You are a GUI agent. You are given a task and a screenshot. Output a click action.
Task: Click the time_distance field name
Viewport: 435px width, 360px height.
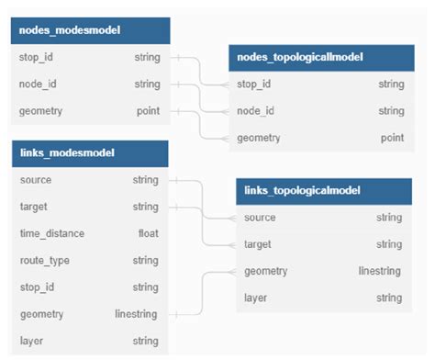pos(51,233)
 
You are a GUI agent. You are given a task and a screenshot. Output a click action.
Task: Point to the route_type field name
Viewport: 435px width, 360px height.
pos(44,260)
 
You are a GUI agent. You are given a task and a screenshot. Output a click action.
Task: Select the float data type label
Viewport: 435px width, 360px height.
pos(148,233)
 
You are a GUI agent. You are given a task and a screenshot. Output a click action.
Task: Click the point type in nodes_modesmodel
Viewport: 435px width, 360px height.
pos(148,111)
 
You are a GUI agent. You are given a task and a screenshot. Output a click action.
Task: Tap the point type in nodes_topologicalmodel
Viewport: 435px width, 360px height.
pos(392,138)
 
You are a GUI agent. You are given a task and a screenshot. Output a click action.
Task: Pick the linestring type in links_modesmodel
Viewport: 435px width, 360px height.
pos(137,314)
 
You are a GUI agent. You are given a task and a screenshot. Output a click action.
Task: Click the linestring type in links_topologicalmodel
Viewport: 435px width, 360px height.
pos(380,271)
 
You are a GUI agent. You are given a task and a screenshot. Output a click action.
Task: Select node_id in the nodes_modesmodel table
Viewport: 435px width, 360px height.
pos(39,84)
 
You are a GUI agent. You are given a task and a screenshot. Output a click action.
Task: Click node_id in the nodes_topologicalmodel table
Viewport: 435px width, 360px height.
pos(256,111)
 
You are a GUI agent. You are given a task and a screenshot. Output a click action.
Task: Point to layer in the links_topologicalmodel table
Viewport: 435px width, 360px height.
pos(256,298)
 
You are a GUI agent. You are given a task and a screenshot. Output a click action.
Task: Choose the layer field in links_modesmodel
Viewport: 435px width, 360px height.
pos(31,341)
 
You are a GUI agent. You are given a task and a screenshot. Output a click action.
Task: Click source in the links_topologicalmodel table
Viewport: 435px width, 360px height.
pos(260,218)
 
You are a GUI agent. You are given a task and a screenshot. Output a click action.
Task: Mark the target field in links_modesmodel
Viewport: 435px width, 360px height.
pos(33,207)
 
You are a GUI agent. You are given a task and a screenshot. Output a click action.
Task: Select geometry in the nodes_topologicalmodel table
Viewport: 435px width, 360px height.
pos(261,138)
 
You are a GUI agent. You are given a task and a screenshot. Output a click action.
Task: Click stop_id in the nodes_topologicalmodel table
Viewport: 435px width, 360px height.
pos(254,84)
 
